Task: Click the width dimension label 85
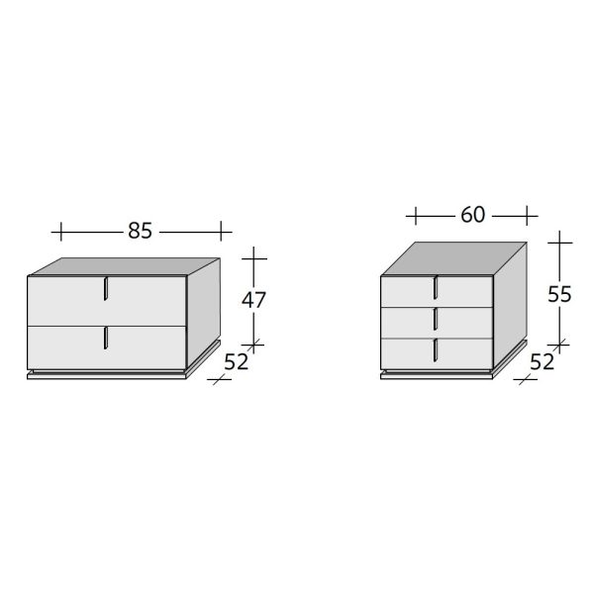[x=140, y=231]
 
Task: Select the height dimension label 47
[x=253, y=300]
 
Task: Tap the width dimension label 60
[x=473, y=215]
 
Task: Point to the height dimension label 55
[x=559, y=294]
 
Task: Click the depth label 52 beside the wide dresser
[x=236, y=361]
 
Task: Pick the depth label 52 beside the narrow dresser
[x=542, y=361]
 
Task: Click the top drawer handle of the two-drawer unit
[x=106, y=289]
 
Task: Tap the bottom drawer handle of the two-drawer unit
[x=106, y=338]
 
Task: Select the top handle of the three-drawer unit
[x=436, y=287]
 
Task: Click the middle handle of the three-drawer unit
[x=436, y=319]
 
